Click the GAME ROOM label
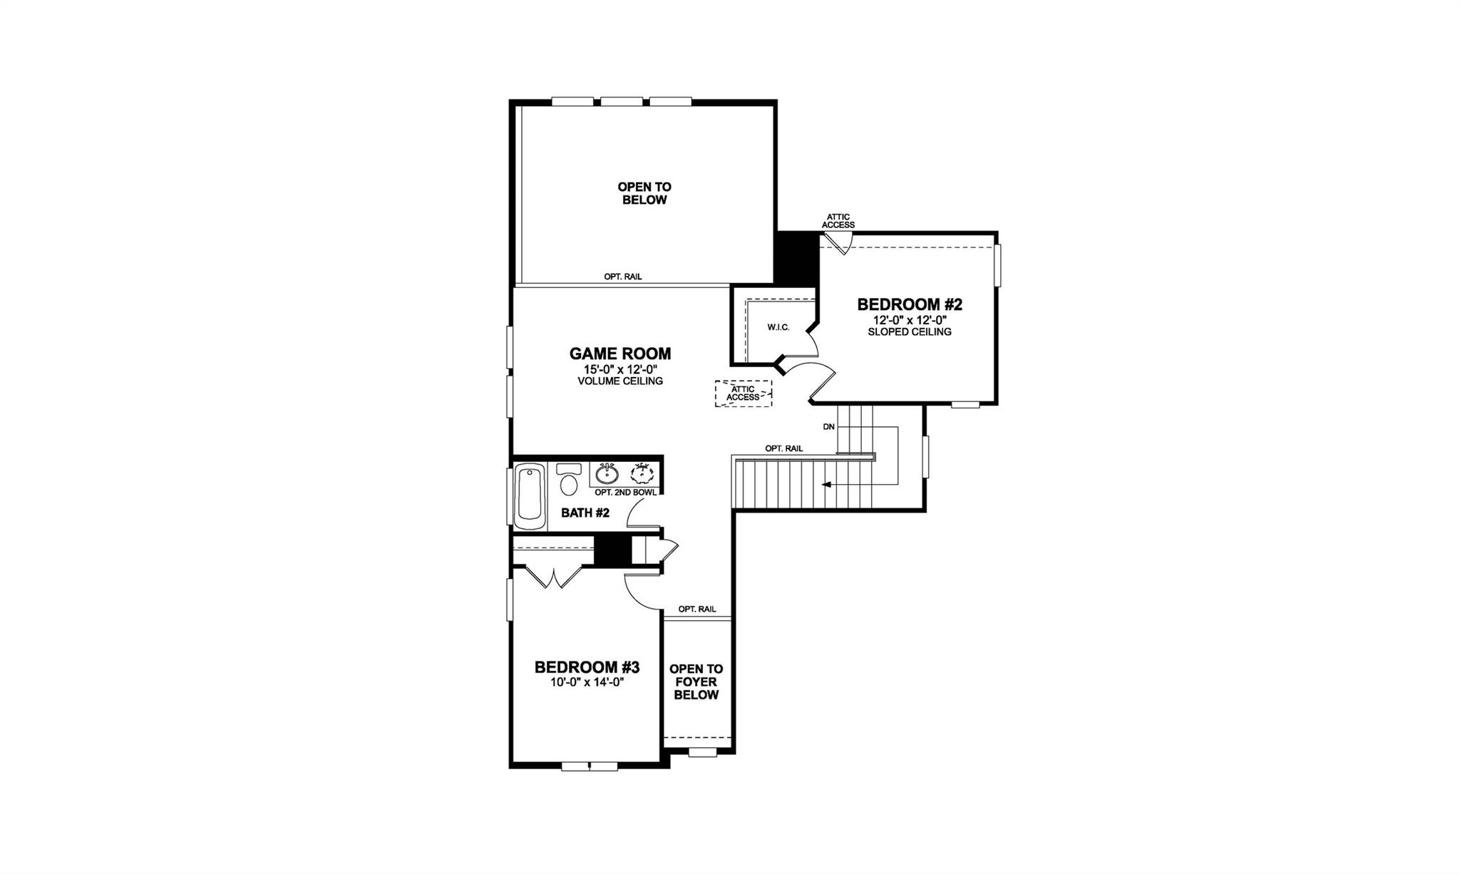tap(620, 354)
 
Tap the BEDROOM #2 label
tap(910, 305)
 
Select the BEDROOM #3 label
tap(587, 667)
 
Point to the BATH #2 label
tap(585, 513)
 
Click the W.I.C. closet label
tap(778, 327)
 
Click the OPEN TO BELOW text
tap(644, 193)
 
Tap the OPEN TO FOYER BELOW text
tap(696, 682)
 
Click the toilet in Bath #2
tap(569, 481)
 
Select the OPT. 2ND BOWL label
tap(625, 493)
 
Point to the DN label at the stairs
tap(828, 427)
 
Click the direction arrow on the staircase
tap(827, 485)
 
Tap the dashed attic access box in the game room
tap(744, 394)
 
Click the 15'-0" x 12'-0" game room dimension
tap(620, 369)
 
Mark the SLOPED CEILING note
tap(910, 331)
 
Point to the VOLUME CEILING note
tap(620, 381)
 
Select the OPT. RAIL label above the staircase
tap(783, 448)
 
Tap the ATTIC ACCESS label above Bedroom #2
tap(838, 221)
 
